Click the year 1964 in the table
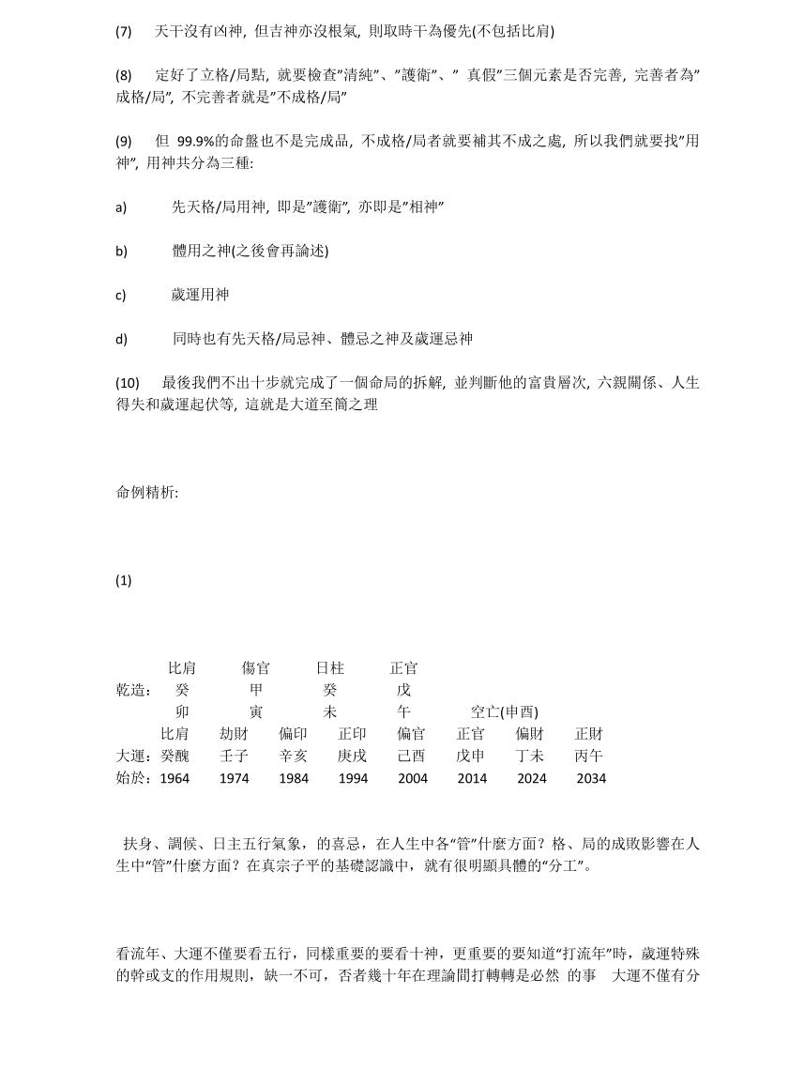pos(174,778)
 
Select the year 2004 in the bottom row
pos(413,778)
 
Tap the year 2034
pos(591,778)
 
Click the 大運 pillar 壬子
pos(234,756)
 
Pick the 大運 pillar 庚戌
pos(353,756)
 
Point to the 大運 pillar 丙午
pos(589,756)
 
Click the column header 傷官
pos(255,668)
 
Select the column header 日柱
pos(329,668)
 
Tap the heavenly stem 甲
pos(256,690)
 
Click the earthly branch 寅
pos(256,712)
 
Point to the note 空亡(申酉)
pos(505,712)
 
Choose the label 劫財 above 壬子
pos(234,734)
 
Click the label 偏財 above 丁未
pos(530,734)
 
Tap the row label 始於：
pos(134,778)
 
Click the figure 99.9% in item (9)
pos(197,142)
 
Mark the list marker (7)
pos(124,31)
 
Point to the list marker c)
pos(121,295)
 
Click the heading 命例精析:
pos(147,492)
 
